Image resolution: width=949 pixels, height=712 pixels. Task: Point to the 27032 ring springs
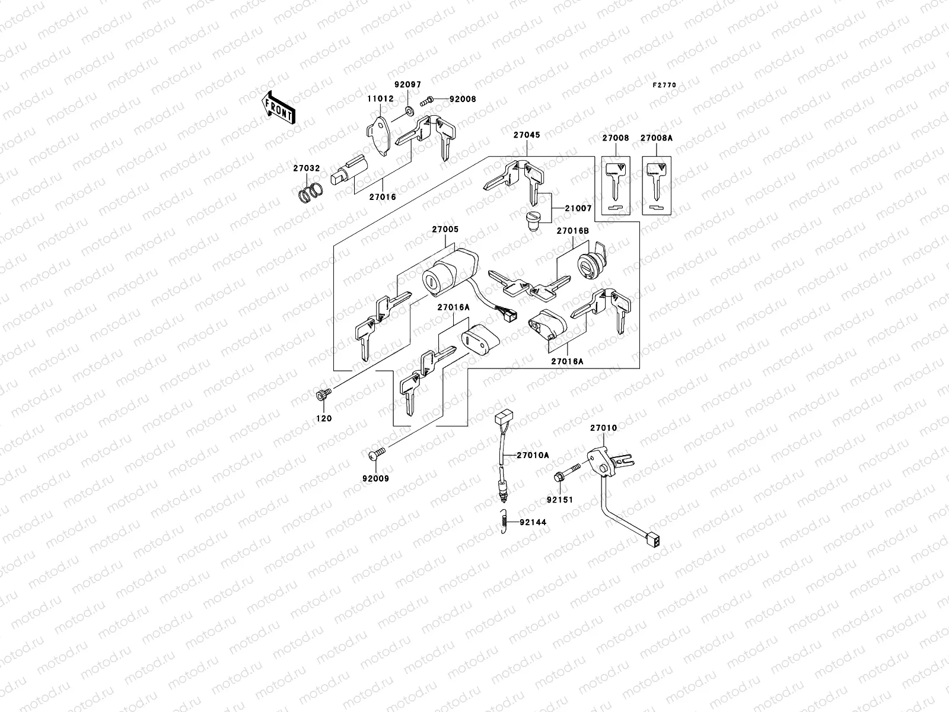310,193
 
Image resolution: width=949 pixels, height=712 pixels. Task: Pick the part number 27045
527,135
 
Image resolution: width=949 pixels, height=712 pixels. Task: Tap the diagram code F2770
664,85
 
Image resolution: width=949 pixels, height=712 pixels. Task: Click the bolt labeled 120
324,393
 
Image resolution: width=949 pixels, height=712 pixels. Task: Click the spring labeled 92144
505,522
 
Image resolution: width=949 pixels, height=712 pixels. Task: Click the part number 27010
603,428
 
